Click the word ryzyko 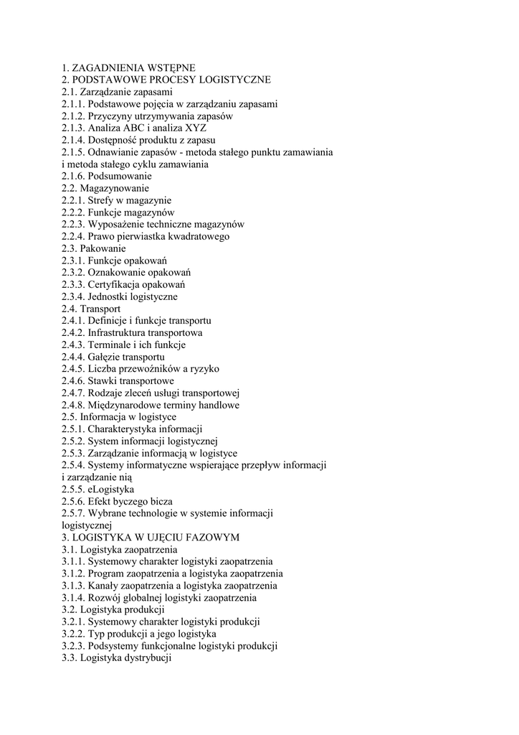tap(204, 369)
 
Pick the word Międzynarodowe tap(124, 405)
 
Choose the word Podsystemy tap(113, 645)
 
